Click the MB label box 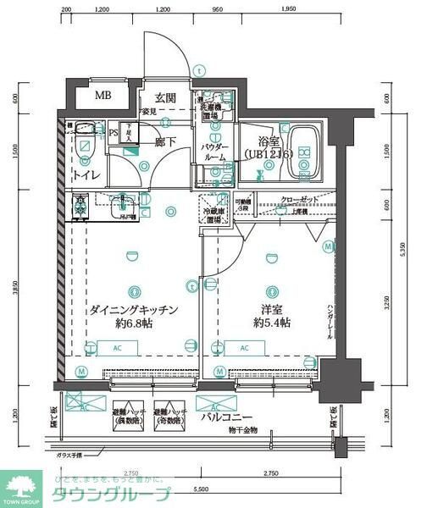[x=103, y=97]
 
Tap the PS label [x=114, y=131]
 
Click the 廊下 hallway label [x=165, y=142]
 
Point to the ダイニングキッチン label [x=133, y=310]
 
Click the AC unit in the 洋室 [x=245, y=347]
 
